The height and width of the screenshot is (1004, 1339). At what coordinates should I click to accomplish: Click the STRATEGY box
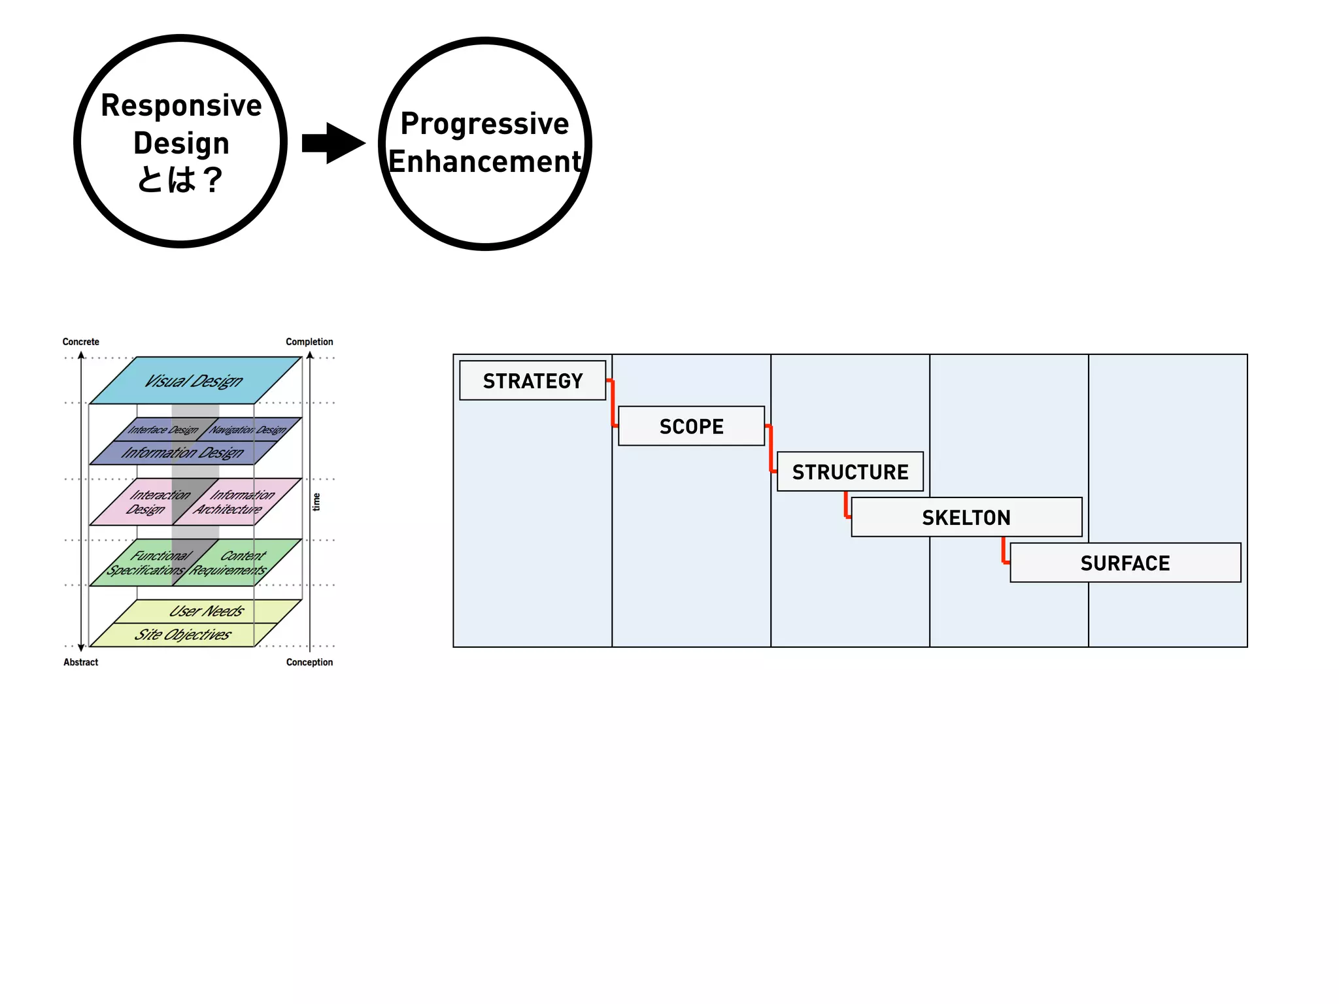(532, 380)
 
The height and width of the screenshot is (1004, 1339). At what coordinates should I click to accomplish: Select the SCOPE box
(691, 426)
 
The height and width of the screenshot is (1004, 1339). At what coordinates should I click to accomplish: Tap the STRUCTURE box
(850, 471)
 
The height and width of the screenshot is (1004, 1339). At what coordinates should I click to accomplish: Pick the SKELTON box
(966, 517)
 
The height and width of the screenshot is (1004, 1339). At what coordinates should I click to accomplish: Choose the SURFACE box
(1125, 563)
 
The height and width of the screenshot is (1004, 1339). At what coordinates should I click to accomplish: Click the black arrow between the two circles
(333, 142)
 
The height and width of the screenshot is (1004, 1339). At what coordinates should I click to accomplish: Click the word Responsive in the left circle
(181, 105)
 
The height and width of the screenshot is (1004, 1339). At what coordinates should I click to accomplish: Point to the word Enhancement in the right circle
(484, 161)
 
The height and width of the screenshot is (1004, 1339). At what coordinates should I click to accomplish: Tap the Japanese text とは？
(180, 179)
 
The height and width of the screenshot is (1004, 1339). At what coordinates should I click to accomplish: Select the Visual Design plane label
(194, 380)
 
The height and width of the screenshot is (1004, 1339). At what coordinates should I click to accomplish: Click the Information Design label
(182, 452)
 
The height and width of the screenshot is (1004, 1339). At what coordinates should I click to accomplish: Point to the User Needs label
(206, 611)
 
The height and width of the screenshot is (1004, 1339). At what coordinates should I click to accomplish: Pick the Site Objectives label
(182, 635)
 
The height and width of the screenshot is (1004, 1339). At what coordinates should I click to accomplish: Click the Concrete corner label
(80, 342)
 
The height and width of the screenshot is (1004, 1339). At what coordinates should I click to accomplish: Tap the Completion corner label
(309, 342)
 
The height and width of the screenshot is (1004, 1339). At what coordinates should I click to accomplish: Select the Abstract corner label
(80, 662)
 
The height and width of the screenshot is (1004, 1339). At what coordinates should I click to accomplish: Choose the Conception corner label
(309, 662)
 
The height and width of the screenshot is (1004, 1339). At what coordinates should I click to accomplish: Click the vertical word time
(317, 502)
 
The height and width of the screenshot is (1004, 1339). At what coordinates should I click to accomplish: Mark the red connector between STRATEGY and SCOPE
(613, 403)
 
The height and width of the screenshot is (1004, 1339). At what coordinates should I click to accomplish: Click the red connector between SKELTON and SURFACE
(1004, 550)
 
